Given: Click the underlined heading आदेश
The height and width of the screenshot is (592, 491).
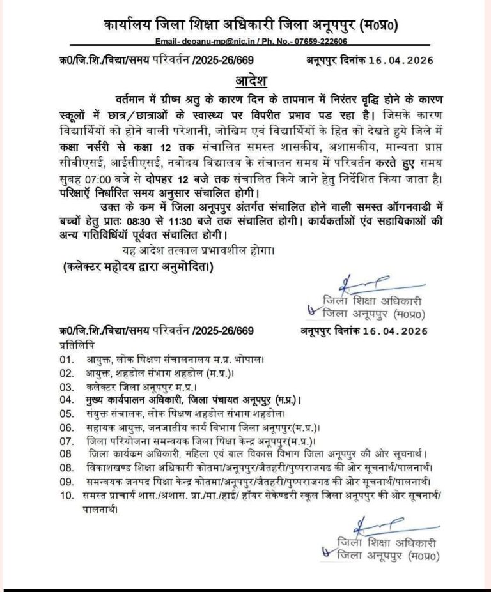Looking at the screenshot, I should [x=245, y=83].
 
